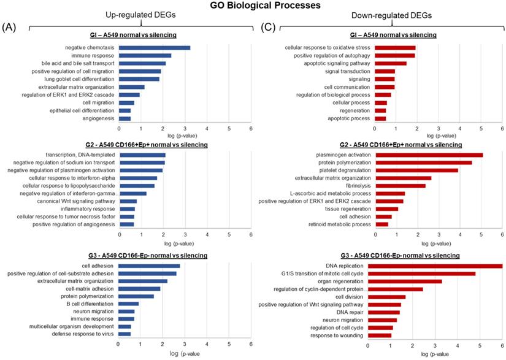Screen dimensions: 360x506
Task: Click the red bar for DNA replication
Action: point(435,266)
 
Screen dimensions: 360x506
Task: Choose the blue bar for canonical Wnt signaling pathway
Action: point(128,201)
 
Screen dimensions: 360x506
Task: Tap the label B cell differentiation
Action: point(94,304)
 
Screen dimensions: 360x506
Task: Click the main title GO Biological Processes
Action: point(253,6)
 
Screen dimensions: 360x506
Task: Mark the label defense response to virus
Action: point(90,334)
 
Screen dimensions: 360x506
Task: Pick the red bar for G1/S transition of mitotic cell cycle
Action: point(421,274)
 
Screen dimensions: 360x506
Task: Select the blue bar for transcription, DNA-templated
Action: point(142,154)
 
